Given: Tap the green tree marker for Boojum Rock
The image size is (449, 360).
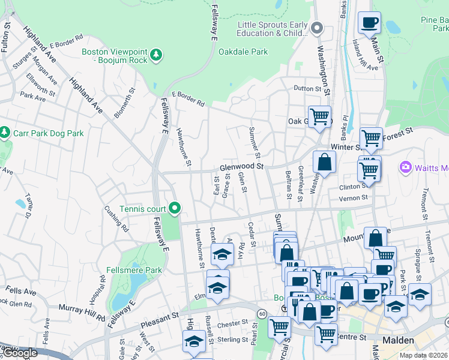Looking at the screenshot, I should pyautogui.click(x=156, y=55).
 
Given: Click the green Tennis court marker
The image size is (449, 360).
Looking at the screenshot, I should pyautogui.click(x=175, y=208).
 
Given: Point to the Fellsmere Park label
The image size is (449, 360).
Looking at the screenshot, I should pyautogui.click(x=133, y=270).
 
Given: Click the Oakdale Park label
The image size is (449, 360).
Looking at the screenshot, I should pyautogui.click(x=243, y=52).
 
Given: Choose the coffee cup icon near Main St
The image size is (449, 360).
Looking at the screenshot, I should pyautogui.click(x=369, y=23).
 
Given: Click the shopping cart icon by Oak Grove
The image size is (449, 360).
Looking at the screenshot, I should pyautogui.click(x=319, y=116).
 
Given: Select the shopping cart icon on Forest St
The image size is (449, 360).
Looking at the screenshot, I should pyautogui.click(x=371, y=139).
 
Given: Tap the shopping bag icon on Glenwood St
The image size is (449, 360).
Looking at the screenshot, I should pyautogui.click(x=324, y=162).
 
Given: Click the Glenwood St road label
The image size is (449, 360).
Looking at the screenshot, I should pyautogui.click(x=242, y=166).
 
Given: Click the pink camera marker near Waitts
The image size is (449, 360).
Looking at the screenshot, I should pyautogui.click(x=405, y=166).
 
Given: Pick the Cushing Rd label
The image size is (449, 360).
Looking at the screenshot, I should pyautogui.click(x=117, y=220).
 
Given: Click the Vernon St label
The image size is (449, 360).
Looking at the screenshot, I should pyautogui.click(x=353, y=198).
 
